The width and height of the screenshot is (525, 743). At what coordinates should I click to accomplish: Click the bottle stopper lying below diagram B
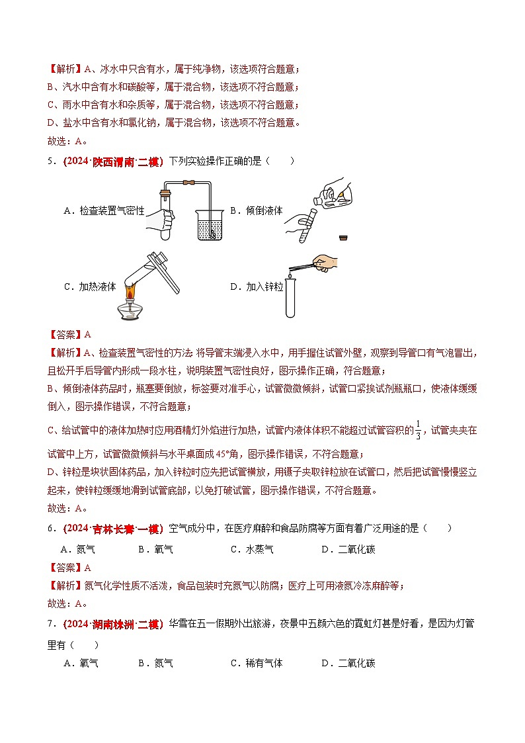tap(343, 238)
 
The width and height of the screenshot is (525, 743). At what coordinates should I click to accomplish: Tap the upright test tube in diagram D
tap(291, 298)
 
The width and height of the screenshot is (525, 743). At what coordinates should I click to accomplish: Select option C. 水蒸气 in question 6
tap(251, 549)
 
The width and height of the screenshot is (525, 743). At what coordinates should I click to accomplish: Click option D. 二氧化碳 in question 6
tap(348, 549)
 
